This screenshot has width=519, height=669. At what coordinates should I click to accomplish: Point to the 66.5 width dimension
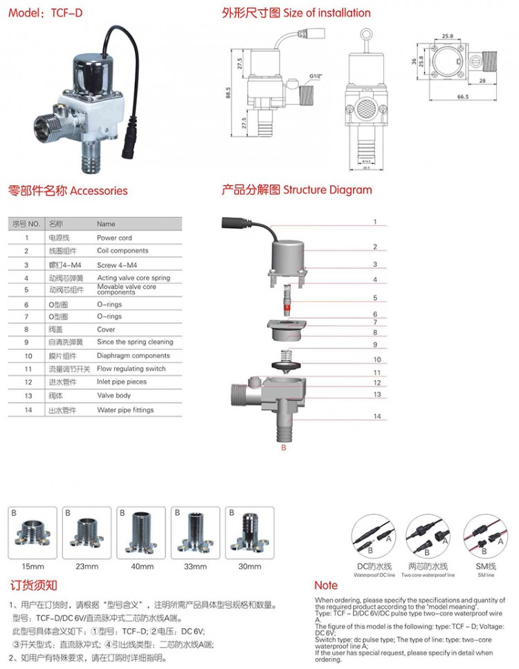tap(463, 97)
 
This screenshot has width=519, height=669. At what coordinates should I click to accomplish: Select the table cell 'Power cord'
tap(114, 238)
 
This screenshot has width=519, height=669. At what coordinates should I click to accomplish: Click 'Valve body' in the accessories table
tap(113, 396)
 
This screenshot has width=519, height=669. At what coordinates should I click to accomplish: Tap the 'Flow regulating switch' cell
tap(131, 369)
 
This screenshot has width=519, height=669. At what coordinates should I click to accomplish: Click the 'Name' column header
tap(106, 224)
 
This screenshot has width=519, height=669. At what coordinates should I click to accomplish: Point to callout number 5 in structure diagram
tap(375, 299)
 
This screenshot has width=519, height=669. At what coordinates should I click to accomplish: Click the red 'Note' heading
tap(326, 585)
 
